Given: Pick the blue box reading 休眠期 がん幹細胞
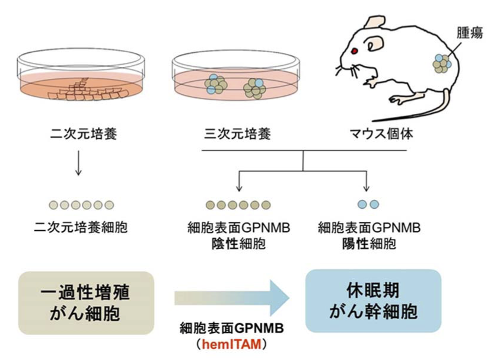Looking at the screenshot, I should tap(373, 301).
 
